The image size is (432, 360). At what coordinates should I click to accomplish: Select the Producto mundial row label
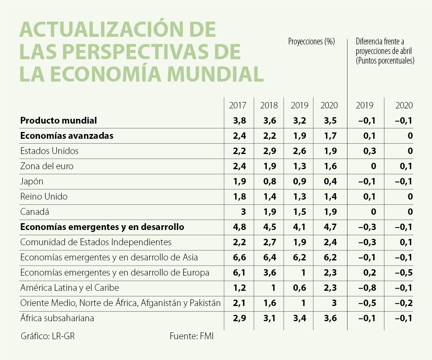point(58,120)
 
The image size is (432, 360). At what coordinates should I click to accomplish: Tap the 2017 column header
point(238,106)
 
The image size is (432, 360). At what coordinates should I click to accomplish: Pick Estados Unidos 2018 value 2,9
point(269,151)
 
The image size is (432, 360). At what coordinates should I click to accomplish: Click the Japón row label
point(32,181)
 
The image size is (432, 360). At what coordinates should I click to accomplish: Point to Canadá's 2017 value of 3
point(242,212)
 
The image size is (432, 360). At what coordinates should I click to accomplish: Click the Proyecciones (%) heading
point(311,42)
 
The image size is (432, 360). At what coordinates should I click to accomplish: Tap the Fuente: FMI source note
point(192,336)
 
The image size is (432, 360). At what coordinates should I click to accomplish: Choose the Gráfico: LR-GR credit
point(48,336)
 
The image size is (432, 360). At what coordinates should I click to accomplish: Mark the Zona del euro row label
point(47,166)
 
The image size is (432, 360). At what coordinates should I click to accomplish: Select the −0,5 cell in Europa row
point(404,272)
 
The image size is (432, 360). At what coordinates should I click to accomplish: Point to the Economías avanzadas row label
point(67,136)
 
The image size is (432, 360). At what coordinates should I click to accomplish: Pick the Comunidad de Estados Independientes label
point(96,242)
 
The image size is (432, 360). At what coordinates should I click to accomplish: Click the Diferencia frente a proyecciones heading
point(384,51)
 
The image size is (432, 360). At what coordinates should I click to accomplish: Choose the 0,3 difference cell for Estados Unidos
point(370,151)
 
